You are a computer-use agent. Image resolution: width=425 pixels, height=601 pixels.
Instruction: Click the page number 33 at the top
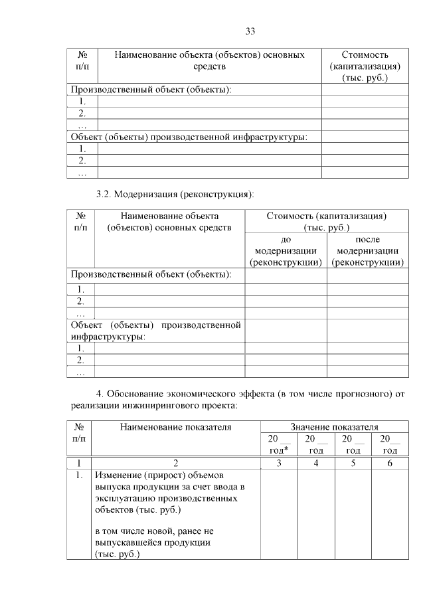pos(250,31)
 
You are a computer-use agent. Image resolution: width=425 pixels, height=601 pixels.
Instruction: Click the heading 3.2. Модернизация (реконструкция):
pos(175,195)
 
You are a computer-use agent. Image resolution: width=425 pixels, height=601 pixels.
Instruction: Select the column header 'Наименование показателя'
pos(175,427)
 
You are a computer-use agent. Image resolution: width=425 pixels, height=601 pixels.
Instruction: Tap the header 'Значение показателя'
pos(334,427)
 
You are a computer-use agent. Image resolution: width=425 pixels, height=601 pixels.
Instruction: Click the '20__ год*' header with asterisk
pos(278,445)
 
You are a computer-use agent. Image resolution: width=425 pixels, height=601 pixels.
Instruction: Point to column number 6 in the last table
pos(390,463)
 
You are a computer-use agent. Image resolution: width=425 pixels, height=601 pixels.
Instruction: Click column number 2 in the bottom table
pos(175,463)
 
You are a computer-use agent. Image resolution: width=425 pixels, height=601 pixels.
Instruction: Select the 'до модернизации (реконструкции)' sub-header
pos(286,251)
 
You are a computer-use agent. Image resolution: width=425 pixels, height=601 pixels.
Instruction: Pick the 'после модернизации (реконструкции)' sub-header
pos(367,251)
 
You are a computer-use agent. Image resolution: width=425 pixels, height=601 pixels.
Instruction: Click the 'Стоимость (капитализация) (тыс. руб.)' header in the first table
pos(365,66)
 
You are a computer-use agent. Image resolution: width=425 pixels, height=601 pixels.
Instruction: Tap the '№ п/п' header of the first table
pos(82,60)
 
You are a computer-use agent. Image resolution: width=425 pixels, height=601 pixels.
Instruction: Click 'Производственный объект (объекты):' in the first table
pos(151,90)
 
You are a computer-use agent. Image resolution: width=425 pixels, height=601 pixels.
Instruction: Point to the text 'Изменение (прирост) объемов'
pos(160,475)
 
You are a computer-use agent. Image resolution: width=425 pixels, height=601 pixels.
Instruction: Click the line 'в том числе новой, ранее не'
pos(153,531)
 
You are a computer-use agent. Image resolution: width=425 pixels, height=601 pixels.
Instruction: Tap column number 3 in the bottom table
pos(278,463)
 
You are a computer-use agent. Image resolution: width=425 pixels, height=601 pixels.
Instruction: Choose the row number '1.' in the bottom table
pos(78,476)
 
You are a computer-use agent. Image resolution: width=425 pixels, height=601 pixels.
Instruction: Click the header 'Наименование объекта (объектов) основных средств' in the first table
pos(210,60)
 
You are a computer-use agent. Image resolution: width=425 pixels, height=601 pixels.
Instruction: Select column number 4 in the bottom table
pos(315,463)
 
